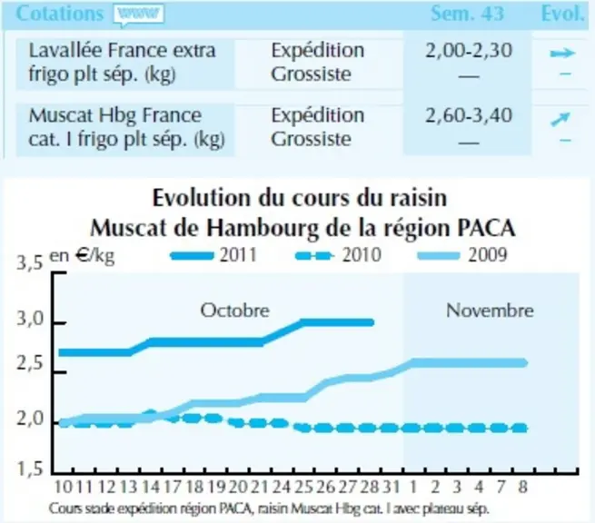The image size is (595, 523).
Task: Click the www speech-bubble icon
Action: tap(138, 15)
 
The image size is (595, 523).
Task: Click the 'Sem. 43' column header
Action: tap(468, 14)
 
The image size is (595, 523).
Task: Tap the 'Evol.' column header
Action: tap(562, 14)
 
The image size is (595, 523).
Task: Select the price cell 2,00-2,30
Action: tap(469, 51)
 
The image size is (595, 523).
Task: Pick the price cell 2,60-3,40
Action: tap(469, 115)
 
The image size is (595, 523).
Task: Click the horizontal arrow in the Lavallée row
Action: tap(563, 53)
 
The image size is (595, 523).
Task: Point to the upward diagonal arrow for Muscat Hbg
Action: tap(560, 119)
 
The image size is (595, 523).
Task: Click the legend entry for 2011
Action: tap(213, 255)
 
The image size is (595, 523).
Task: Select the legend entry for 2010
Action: tap(338, 255)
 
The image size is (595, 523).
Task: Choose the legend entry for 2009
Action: tap(461, 255)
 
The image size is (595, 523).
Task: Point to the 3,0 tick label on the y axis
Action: tap(30, 320)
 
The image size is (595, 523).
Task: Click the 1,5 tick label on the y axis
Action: tap(30, 469)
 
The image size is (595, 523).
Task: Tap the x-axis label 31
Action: tap(392, 487)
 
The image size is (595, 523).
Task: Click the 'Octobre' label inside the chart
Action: tap(235, 311)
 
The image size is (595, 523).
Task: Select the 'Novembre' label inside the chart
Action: tap(490, 311)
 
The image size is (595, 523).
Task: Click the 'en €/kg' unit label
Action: tap(82, 256)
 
